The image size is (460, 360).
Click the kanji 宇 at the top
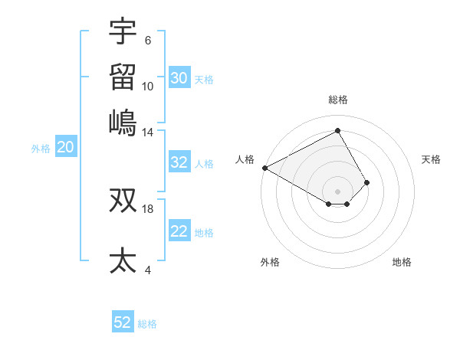(123, 32)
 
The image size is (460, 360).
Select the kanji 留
(123, 77)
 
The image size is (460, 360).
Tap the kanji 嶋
(123, 121)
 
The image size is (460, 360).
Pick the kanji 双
(123, 200)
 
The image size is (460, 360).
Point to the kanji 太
(123, 260)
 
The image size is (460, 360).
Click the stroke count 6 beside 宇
(147, 41)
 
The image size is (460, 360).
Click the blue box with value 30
(179, 78)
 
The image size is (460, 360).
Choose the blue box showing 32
(179, 162)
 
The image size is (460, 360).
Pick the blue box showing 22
(179, 232)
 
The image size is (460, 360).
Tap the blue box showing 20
(65, 148)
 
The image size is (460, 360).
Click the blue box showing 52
(123, 322)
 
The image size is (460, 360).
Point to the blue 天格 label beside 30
(204, 79)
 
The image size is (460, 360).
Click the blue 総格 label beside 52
(147, 324)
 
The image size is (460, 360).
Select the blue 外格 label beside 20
(41, 149)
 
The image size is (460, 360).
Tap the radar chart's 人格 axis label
(245, 159)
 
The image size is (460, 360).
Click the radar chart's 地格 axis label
(402, 262)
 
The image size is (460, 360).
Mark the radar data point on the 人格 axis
(264, 168)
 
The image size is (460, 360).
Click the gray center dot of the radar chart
(337, 191)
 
